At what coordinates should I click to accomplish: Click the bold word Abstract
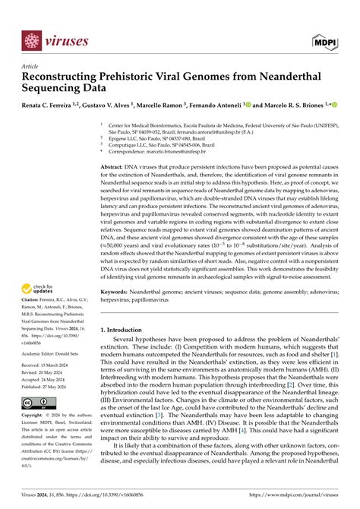pyautogui.click(x=113, y=165)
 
